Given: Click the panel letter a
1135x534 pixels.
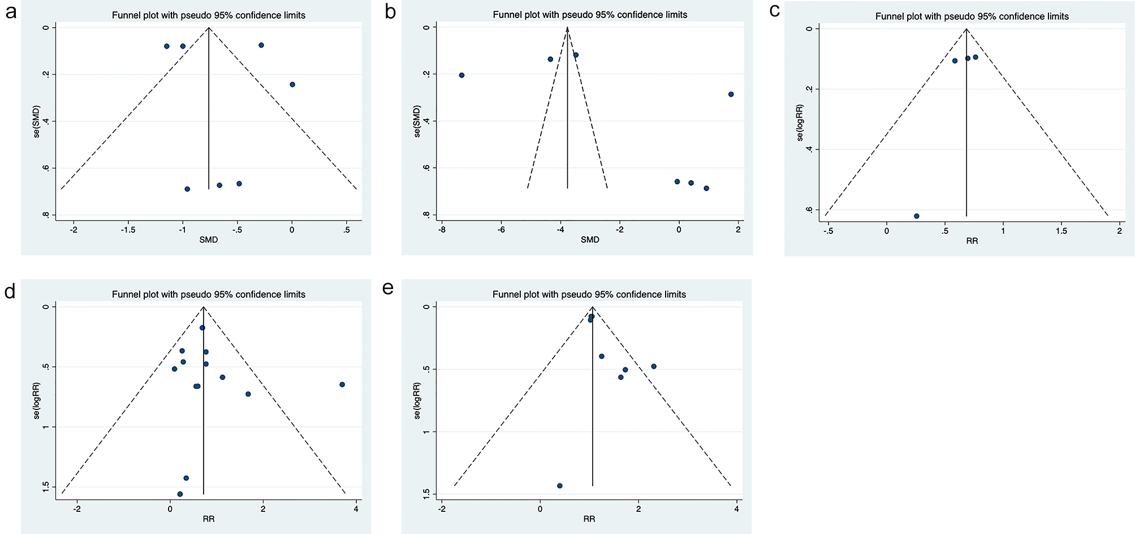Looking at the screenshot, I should pos(11,12).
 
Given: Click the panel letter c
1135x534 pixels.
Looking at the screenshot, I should pos(775,12).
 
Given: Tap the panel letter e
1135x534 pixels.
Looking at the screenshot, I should pos(388,288).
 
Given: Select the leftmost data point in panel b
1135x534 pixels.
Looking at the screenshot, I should pos(461,75).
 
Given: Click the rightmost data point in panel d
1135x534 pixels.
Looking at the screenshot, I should pos(342,385).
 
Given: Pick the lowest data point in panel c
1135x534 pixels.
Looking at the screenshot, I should pos(917,216).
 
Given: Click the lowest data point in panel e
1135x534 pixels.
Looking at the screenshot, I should pos(560,486).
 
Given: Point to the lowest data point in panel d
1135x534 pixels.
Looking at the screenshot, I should pos(180,494).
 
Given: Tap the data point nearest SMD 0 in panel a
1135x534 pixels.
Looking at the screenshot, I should pos(292,84).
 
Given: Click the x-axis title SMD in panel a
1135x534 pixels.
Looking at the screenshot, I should pos(209,240).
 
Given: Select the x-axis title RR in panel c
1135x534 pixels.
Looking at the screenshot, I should pos(972,241).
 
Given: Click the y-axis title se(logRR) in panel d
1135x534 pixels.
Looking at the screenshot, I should pos(37,400).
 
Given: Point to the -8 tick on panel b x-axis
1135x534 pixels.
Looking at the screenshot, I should pos(442,230).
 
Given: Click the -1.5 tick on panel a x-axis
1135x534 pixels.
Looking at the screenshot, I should pos(128,230).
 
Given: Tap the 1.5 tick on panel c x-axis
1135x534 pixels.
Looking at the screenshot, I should pos(1061,231).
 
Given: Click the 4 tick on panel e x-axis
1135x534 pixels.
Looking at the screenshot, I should pos(736,509).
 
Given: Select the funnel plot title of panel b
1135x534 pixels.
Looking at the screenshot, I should pos(590,15).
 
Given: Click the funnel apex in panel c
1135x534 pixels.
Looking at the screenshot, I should pos(966,29).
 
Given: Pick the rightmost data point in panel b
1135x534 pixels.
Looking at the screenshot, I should pos(731,95).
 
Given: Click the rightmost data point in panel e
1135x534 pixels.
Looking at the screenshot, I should pos(654,366).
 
